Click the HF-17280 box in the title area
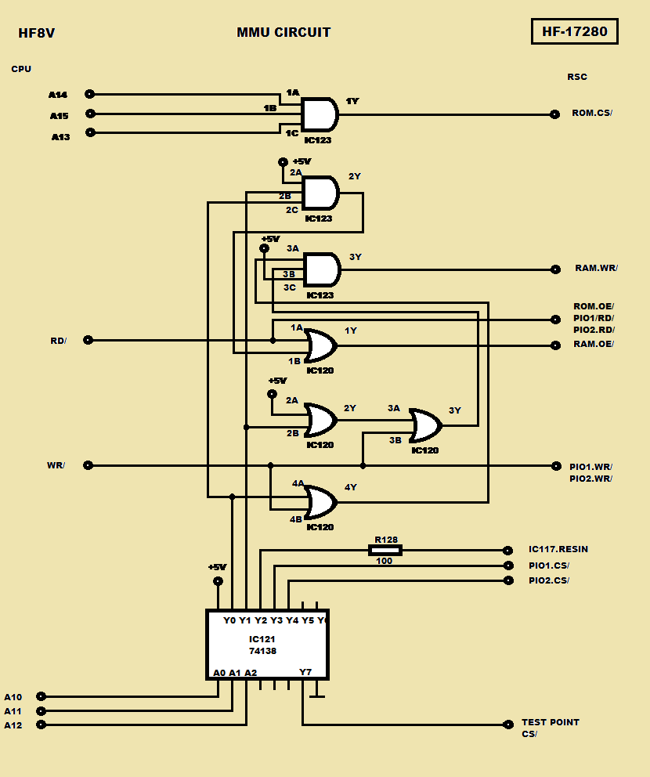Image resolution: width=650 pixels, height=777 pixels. click(575, 31)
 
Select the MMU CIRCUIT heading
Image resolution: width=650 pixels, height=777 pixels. click(283, 32)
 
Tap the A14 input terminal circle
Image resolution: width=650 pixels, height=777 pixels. click(90, 94)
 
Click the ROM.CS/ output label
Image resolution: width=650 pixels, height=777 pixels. click(592, 113)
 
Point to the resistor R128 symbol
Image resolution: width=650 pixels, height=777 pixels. click(385, 550)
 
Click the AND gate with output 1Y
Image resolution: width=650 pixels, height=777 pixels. click(320, 115)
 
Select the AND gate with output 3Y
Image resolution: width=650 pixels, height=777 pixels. click(322, 270)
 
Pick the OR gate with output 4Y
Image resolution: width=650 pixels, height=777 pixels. click(320, 502)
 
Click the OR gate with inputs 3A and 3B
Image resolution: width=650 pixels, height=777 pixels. click(425, 425)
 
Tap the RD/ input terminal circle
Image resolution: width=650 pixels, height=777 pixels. click(88, 340)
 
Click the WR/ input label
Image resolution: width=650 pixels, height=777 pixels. click(56, 465)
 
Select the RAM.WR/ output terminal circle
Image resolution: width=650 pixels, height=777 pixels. click(555, 269)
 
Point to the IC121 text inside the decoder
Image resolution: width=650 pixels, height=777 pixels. click(262, 639)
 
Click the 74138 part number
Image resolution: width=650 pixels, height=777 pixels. click(262, 651)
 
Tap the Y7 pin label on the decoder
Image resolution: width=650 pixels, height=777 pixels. click(305, 672)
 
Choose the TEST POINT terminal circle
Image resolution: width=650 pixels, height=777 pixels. click(507, 725)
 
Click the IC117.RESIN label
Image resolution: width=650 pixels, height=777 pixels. click(558, 549)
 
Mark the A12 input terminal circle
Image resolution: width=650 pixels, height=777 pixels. click(42, 725)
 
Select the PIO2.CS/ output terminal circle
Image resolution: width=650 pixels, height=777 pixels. click(508, 580)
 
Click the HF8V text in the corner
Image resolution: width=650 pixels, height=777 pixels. click(37, 33)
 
